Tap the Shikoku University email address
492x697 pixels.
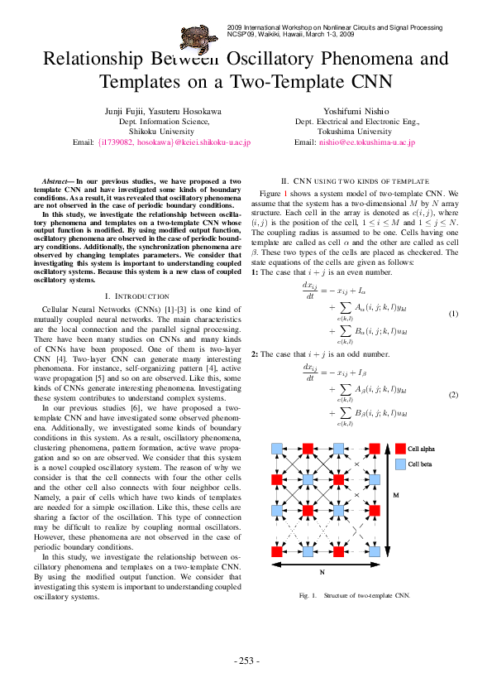(x=174, y=142)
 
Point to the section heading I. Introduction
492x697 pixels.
(x=137, y=296)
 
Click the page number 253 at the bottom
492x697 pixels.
(x=246, y=661)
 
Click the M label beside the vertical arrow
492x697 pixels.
(x=395, y=495)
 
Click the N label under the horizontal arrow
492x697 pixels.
(x=322, y=572)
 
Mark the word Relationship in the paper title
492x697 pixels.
(x=94, y=60)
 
